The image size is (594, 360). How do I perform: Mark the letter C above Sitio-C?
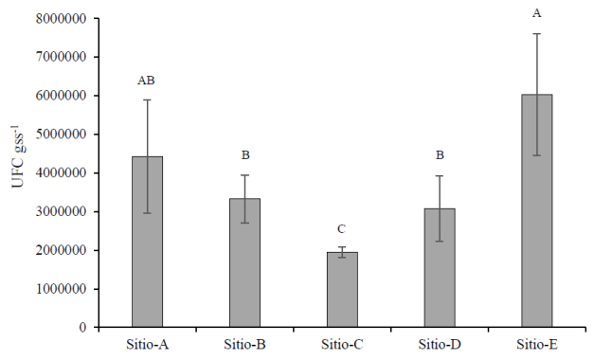[x=342, y=228]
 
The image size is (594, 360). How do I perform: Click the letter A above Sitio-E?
[x=537, y=13]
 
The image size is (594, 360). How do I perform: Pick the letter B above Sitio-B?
[x=244, y=155]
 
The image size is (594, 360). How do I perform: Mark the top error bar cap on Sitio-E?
[x=537, y=34]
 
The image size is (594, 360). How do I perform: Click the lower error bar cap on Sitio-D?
[x=440, y=241]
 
